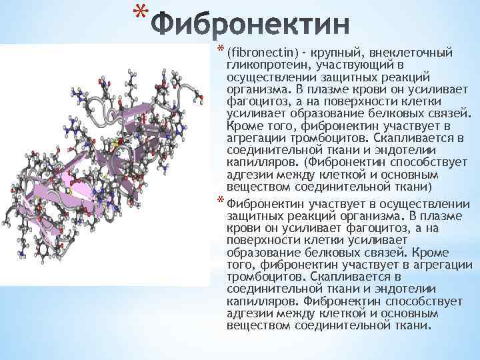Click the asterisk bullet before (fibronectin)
pos(221,49)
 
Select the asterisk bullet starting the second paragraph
pos(221,202)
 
